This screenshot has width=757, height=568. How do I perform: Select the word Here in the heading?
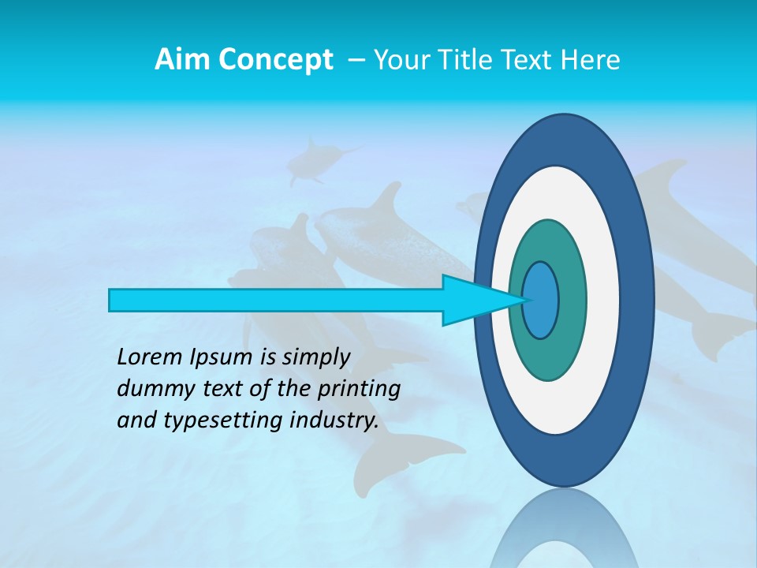pyautogui.click(x=591, y=60)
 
